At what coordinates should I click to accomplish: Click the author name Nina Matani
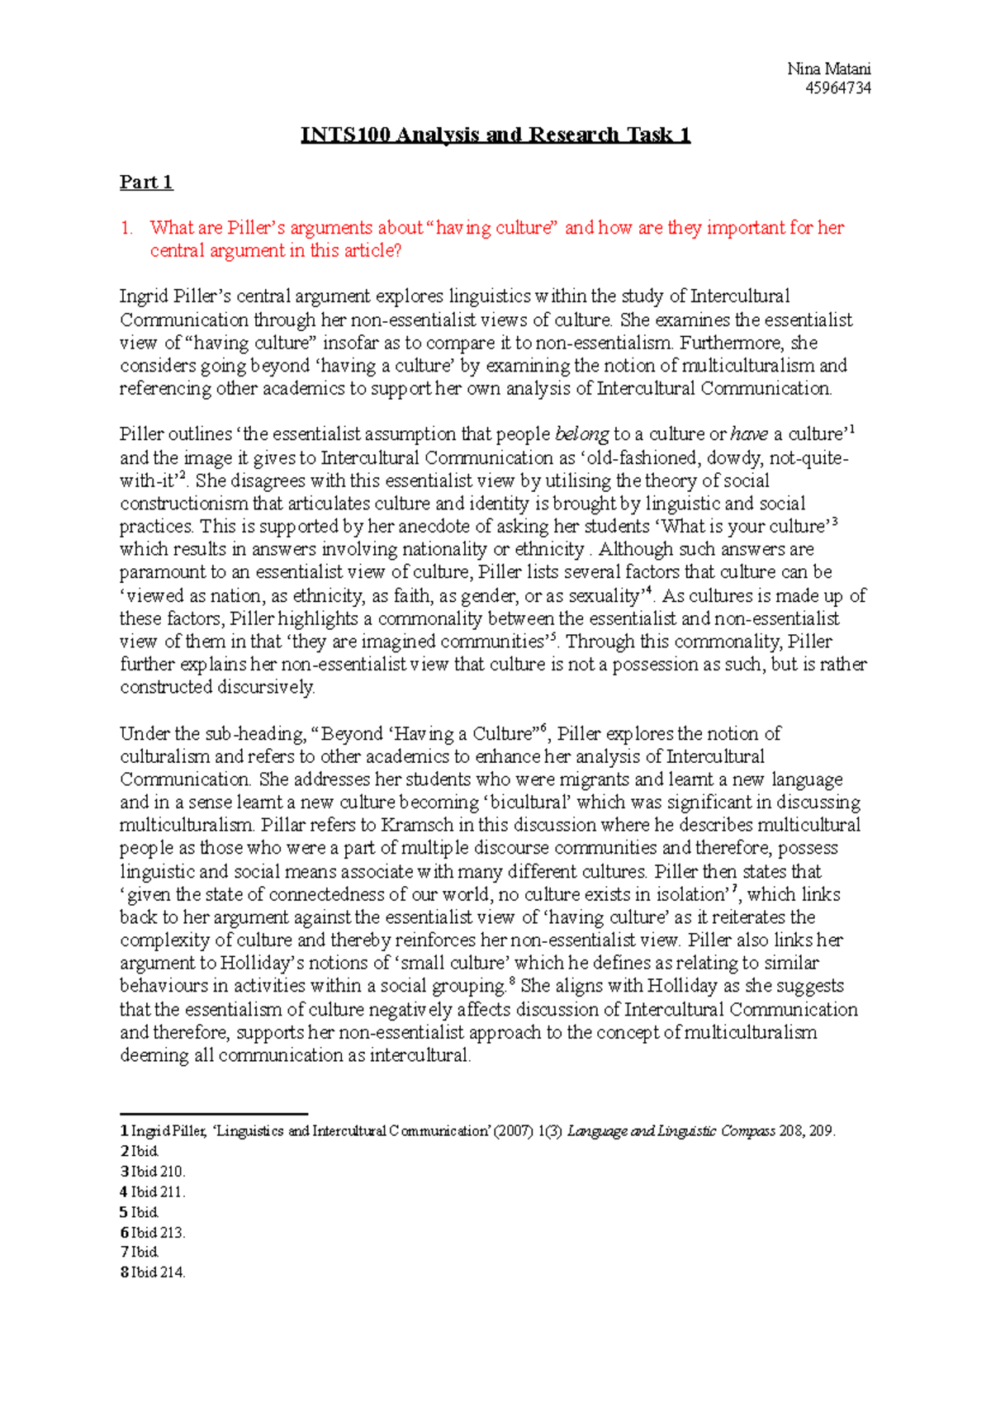(828, 69)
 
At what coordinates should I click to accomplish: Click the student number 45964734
(837, 88)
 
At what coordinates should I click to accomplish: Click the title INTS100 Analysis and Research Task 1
(495, 135)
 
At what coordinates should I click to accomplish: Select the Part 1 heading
(146, 182)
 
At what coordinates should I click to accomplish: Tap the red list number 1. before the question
(126, 228)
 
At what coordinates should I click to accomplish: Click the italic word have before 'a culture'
(749, 434)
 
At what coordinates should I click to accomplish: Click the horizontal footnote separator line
(214, 1114)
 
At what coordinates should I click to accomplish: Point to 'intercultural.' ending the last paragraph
(420, 1056)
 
